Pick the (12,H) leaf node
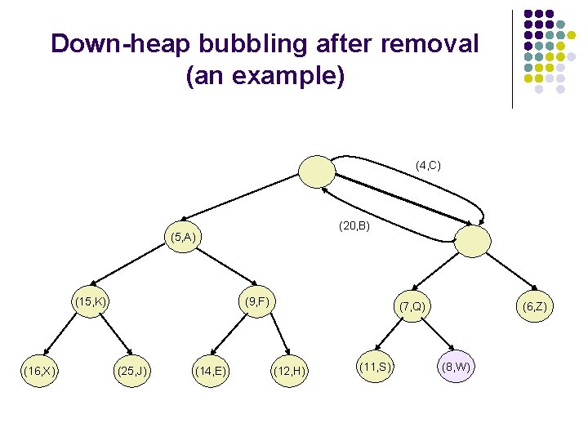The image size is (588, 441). [290, 372]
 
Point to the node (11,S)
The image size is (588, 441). [376, 367]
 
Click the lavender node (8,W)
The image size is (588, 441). [456, 367]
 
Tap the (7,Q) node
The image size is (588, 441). [412, 306]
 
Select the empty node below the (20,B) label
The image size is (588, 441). [472, 241]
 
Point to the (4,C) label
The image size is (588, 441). [428, 166]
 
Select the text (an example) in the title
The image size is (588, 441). [265, 77]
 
